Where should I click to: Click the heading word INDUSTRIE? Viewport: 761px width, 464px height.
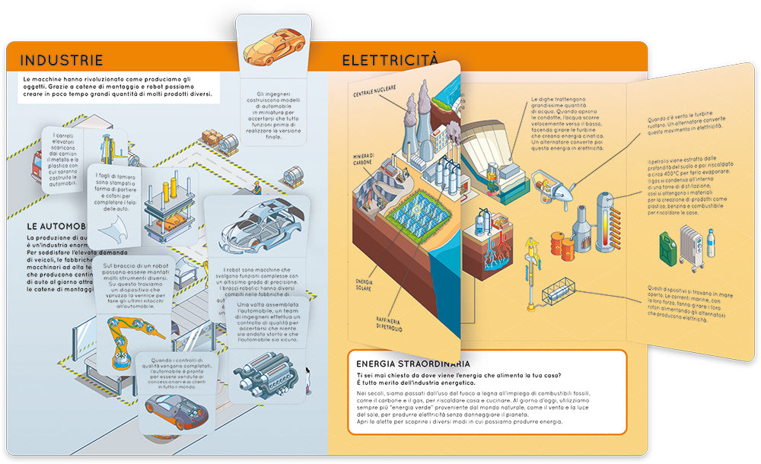pos(62,61)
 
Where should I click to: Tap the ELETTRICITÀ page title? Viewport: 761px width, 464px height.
pos(390,59)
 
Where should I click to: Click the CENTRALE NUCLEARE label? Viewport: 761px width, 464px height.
pos(374,91)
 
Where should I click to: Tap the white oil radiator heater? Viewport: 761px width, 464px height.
pos(692,250)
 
